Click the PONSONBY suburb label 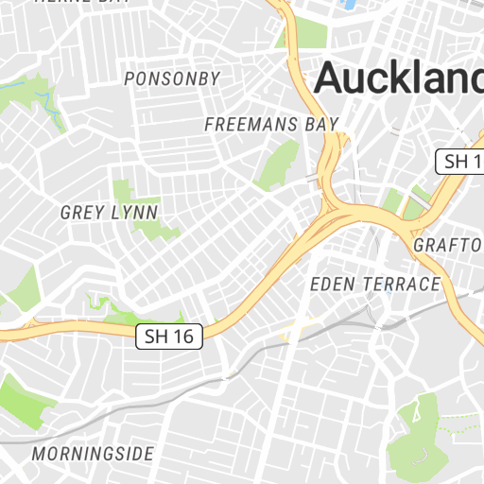(x=172, y=78)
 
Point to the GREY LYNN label (x=109, y=212)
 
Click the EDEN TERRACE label (x=375, y=285)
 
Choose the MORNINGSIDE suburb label (x=93, y=454)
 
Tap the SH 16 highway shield (x=170, y=336)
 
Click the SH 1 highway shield (x=460, y=161)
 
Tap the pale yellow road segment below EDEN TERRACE (x=298, y=330)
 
